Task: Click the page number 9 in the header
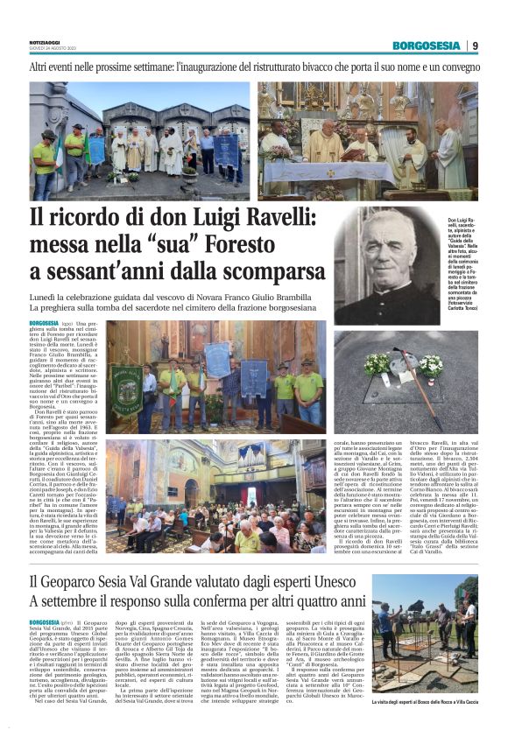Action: pyautogui.click(x=475, y=46)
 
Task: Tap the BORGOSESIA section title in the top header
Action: pyautogui.click(x=426, y=46)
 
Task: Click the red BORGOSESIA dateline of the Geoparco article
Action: pyautogui.click(x=49, y=621)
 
